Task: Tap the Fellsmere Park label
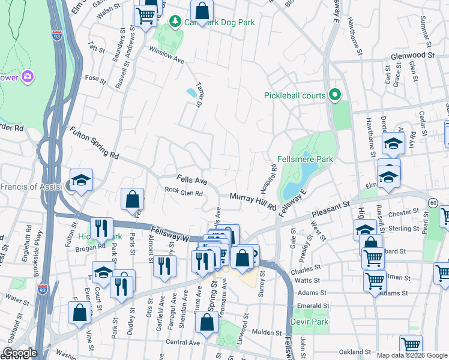(x=305, y=159)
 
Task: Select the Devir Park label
(x=310, y=322)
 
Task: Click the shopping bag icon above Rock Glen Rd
(x=132, y=200)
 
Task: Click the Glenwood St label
(x=412, y=55)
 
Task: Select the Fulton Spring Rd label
(x=94, y=142)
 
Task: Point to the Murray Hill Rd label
(x=253, y=201)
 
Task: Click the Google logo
(x=20, y=353)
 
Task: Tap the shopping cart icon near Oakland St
(x=411, y=344)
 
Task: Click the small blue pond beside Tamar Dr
(x=191, y=93)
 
